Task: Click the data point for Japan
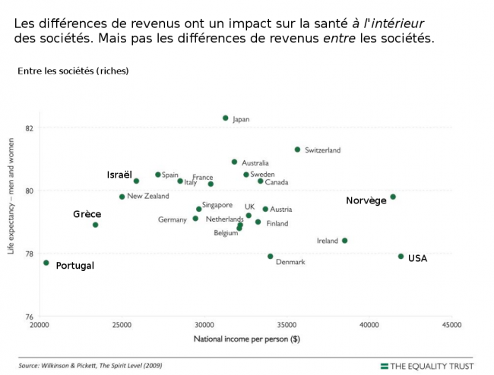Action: point(225,118)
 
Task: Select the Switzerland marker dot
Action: point(297,150)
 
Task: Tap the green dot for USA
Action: point(401,257)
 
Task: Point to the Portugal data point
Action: point(46,263)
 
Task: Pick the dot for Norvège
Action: point(393,197)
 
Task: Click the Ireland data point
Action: point(344,241)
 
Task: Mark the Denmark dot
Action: point(270,257)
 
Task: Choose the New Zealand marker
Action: point(122,197)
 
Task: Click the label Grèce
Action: point(87,214)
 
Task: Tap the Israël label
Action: point(119,175)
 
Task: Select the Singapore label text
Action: point(217,205)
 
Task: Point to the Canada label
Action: point(276,182)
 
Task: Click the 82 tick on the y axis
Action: point(29,127)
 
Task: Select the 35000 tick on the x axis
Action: point(287,325)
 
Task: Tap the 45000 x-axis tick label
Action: point(451,325)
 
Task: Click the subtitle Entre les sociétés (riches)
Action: point(73,71)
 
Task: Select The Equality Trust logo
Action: point(426,366)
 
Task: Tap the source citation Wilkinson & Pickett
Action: point(90,365)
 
